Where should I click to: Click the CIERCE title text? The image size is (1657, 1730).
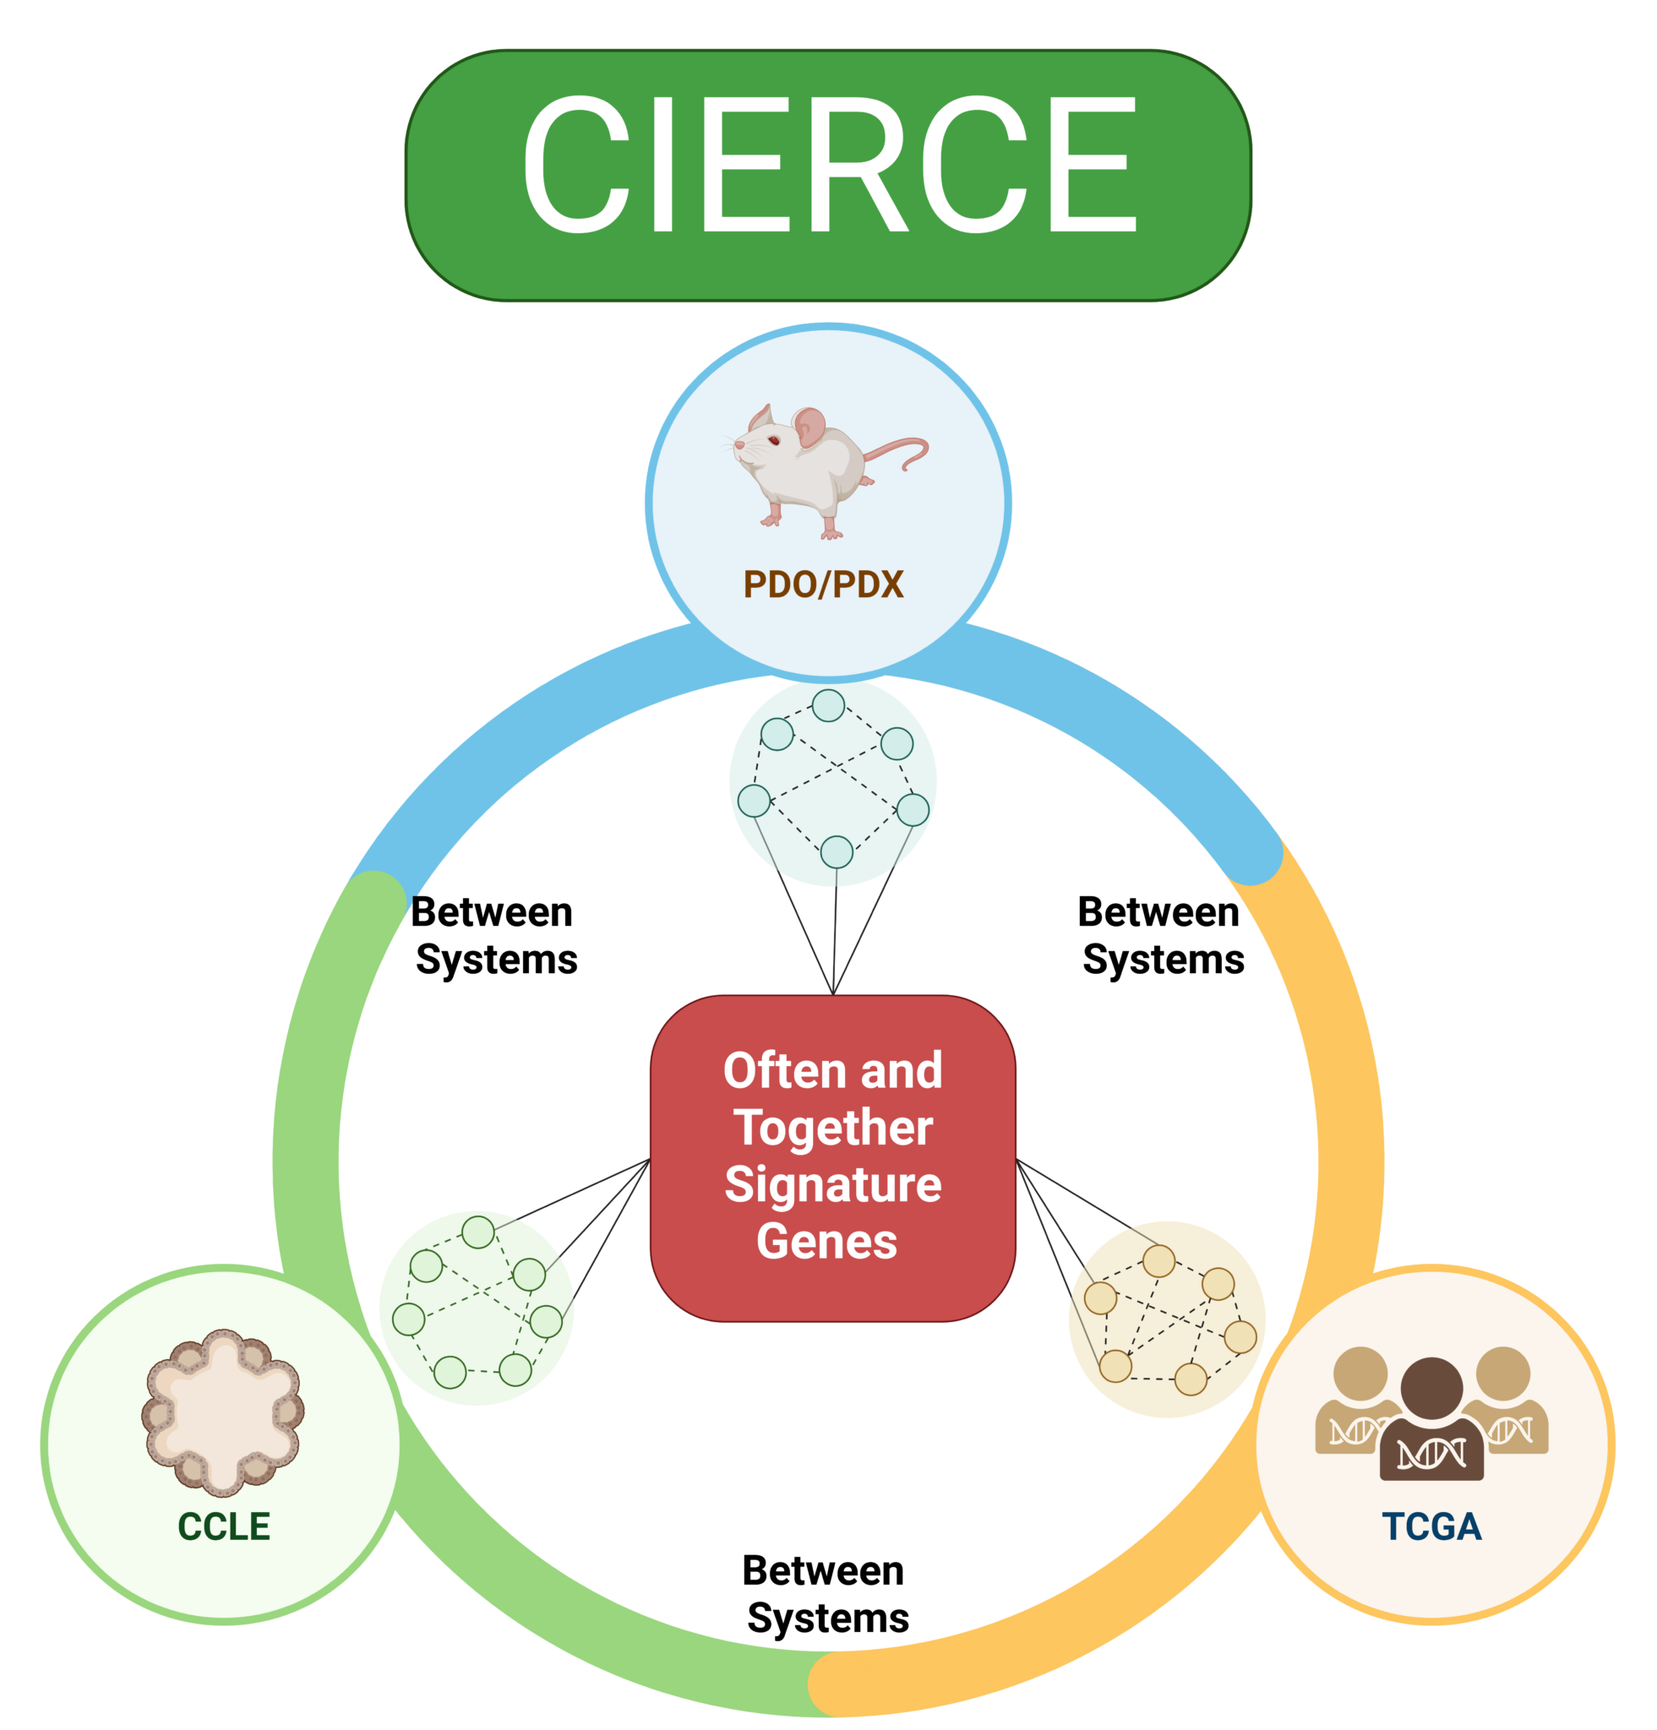(x=828, y=165)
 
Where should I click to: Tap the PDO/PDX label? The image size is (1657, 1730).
(x=823, y=585)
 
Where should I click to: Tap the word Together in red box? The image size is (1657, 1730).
(x=832, y=1128)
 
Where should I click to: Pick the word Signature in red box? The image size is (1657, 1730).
(x=832, y=1184)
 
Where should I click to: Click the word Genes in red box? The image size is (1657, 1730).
(x=827, y=1241)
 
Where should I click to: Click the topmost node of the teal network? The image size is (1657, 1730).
(x=828, y=705)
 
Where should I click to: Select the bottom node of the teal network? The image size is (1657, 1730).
(x=836, y=851)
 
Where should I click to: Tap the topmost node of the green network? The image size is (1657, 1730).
(x=478, y=1232)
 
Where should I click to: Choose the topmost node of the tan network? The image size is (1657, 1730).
(x=1159, y=1261)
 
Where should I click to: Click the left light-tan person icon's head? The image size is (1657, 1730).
(x=1360, y=1373)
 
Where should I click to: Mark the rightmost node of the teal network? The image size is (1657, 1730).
(x=913, y=809)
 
